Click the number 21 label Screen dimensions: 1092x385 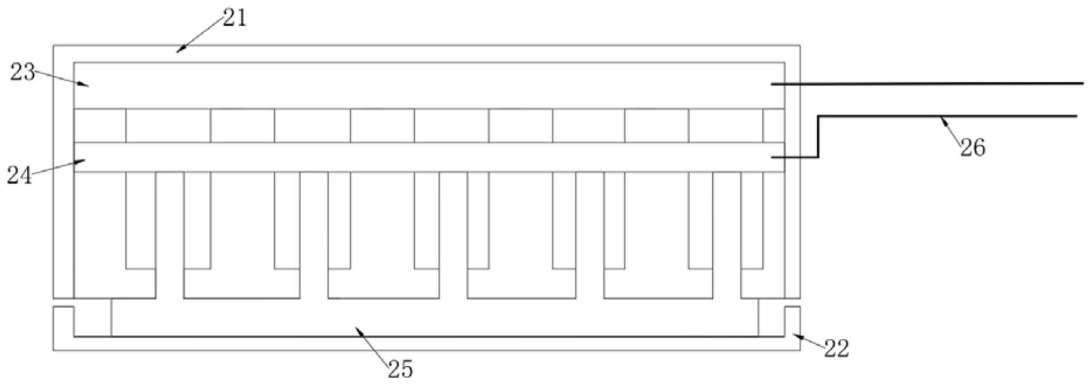click(x=235, y=18)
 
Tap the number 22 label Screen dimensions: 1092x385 click(x=836, y=349)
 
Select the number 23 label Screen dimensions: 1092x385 click(x=22, y=73)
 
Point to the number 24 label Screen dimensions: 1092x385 click(x=19, y=175)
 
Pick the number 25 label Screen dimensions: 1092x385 click(x=400, y=369)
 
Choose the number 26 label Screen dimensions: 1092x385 click(x=972, y=148)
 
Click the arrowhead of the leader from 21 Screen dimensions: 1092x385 click(x=178, y=51)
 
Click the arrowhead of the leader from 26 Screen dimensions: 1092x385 click(x=940, y=118)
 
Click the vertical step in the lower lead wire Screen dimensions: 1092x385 click(x=818, y=136)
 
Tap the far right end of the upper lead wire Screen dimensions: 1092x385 click(x=1081, y=83)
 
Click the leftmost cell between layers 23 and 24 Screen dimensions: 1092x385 click(x=100, y=125)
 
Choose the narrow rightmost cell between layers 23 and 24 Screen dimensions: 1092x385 click(x=773, y=125)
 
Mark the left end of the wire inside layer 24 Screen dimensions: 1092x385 click(x=773, y=157)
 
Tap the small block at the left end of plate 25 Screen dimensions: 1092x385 click(x=92, y=317)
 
